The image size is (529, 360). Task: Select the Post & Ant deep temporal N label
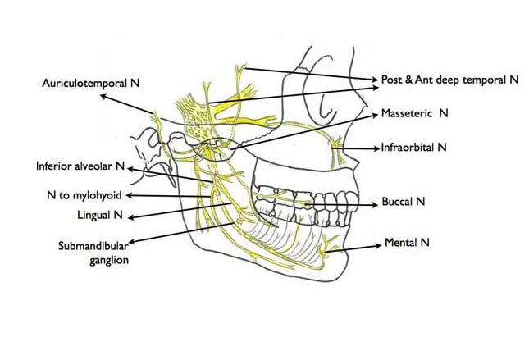tap(450, 80)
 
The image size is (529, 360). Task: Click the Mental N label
tap(407, 244)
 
